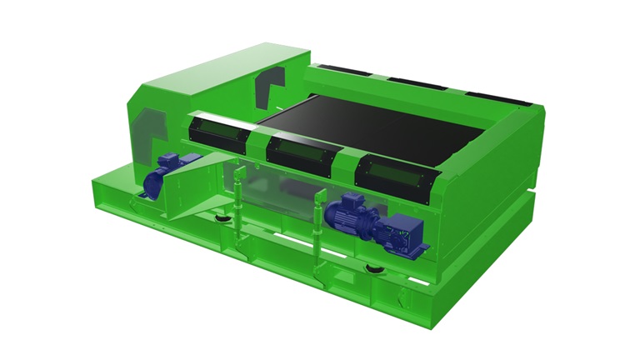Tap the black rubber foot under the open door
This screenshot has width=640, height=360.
(x=223, y=218)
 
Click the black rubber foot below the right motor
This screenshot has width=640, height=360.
(x=372, y=268)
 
